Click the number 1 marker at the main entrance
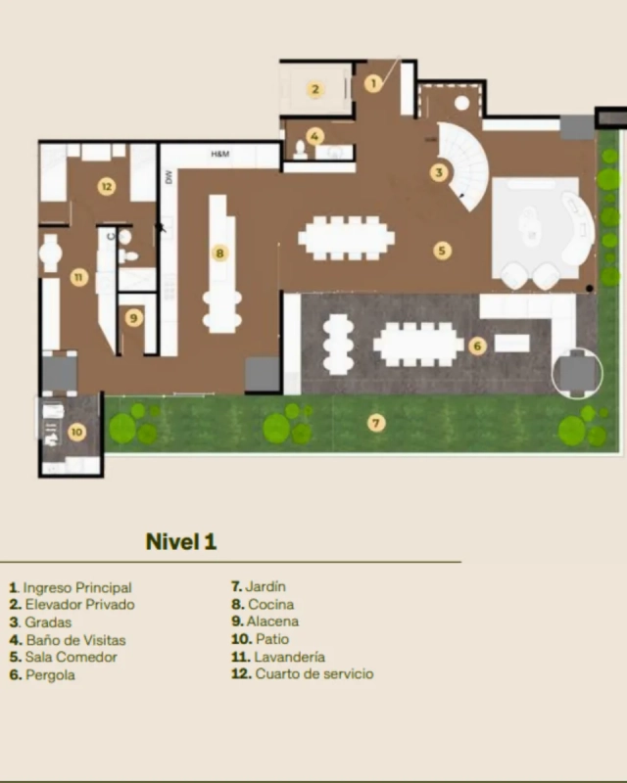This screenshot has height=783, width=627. (x=373, y=83)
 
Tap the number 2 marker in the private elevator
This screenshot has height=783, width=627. (x=315, y=89)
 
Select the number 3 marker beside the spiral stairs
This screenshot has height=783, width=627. (x=439, y=173)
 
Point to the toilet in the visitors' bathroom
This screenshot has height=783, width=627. (x=300, y=151)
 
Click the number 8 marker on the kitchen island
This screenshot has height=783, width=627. (x=219, y=253)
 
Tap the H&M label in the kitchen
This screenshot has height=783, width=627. (x=220, y=154)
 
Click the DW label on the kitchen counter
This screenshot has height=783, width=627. (x=168, y=177)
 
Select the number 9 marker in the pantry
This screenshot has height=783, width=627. (x=133, y=318)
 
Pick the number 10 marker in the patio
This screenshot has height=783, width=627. (x=76, y=432)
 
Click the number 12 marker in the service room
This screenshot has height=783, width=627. (x=107, y=187)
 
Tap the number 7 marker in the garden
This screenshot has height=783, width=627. (x=376, y=424)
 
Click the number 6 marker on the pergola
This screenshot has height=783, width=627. (x=477, y=345)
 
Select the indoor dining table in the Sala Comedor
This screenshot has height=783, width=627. (x=347, y=238)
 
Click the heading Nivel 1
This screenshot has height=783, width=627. (x=181, y=541)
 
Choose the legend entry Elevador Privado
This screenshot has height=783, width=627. (x=72, y=604)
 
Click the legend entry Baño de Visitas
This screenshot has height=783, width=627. (x=68, y=640)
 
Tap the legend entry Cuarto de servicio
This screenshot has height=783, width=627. (x=302, y=673)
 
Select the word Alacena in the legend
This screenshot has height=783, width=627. (x=272, y=622)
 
